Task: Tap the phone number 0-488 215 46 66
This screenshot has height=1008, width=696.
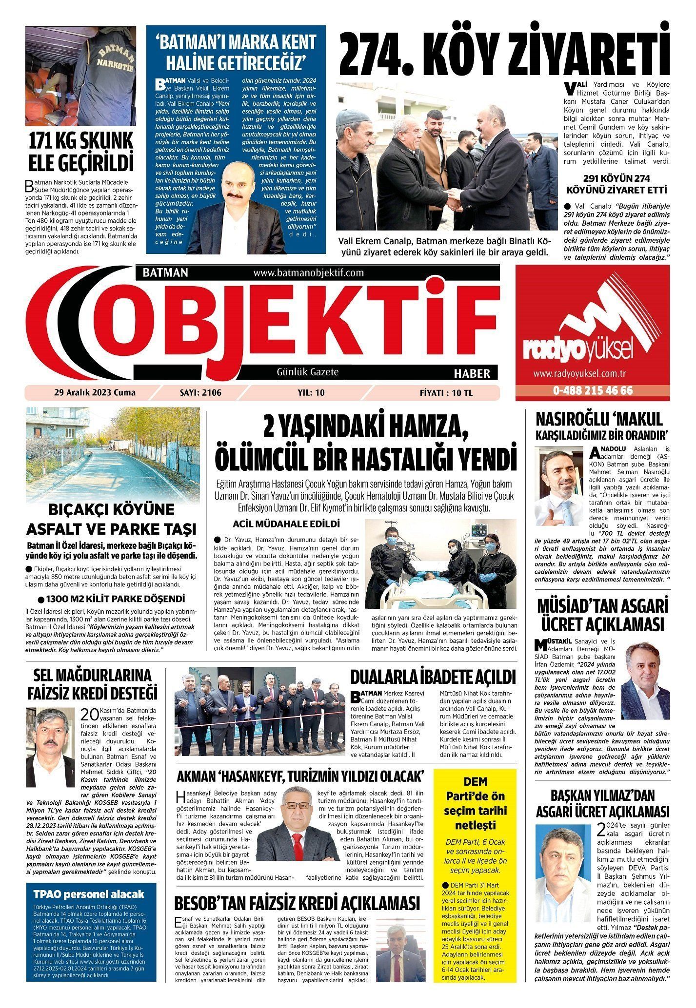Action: tap(593, 391)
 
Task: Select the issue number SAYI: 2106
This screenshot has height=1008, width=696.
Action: tap(200, 392)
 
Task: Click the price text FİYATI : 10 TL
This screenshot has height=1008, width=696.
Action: tap(446, 392)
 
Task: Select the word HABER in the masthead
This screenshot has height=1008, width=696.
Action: tap(472, 374)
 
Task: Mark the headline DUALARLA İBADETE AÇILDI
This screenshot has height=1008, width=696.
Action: tap(433, 677)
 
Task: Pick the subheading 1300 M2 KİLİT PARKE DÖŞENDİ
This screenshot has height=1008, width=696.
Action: tap(116, 599)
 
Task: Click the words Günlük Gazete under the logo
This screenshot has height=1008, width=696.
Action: tap(307, 372)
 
